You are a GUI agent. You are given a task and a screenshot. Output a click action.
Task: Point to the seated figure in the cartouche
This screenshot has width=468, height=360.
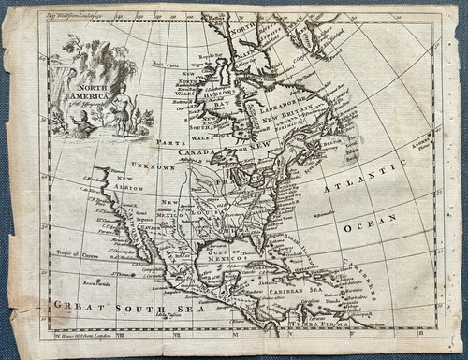click(x=77, y=119)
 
